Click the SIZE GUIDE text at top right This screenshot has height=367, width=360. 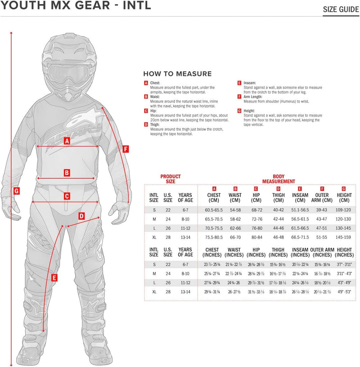[x=341, y=9]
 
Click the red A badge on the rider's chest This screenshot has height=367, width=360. [x=67, y=141]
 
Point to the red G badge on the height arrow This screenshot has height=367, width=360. [x=17, y=191]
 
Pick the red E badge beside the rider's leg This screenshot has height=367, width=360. [x=54, y=278]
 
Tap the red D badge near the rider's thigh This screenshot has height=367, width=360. [x=81, y=216]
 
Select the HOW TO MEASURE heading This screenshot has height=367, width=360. [x=177, y=74]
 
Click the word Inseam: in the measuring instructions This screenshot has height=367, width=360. [x=251, y=83]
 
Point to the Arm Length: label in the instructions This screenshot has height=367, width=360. [x=253, y=96]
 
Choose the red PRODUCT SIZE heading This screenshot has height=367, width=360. [x=171, y=179]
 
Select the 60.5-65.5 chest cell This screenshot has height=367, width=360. [x=214, y=210]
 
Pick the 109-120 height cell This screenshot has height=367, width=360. [x=344, y=210]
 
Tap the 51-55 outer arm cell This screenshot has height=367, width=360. [x=322, y=237]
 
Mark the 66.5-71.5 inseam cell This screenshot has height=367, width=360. [x=300, y=237]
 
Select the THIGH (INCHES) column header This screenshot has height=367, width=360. [x=278, y=252]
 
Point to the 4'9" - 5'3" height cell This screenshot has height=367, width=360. [x=344, y=291]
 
